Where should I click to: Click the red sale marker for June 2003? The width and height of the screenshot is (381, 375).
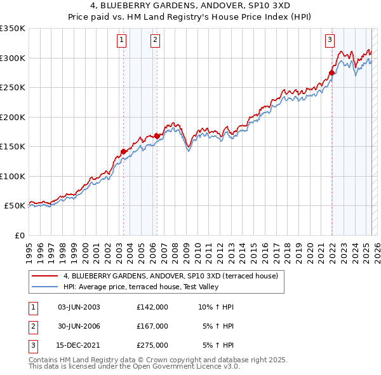coord(123,151)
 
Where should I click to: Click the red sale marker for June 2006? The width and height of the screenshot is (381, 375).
coord(157,136)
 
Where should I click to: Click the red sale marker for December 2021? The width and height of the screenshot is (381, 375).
coord(331,73)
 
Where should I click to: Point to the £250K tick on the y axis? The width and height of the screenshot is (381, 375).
coord(13,88)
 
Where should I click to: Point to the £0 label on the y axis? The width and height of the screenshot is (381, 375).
coord(18,235)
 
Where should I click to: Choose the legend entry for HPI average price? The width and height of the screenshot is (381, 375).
coord(141,287)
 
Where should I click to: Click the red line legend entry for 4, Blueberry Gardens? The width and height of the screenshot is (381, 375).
coord(170,276)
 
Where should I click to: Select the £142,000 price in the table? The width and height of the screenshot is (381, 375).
coord(152,307)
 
